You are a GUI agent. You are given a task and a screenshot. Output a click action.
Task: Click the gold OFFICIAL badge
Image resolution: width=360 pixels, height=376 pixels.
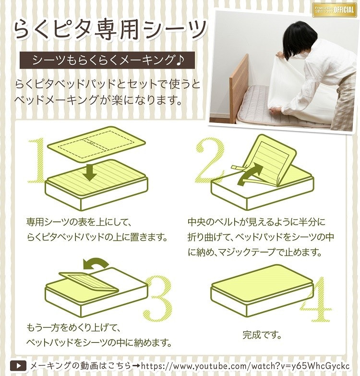tap(335, 10)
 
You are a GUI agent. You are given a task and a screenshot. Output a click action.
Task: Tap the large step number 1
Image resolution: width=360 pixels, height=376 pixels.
tap(37, 160)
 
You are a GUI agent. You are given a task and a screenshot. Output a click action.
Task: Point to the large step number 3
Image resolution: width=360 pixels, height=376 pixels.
tap(158, 299)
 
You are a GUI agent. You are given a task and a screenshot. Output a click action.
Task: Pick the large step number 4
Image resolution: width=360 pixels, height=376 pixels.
tap(316, 299)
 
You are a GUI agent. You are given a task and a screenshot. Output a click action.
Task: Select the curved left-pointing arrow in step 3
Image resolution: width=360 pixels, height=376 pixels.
tap(96, 264)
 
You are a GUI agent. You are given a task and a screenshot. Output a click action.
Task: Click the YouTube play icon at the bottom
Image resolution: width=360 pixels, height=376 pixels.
tap(18, 366)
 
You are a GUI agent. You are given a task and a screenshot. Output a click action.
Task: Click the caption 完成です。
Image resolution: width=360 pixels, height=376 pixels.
tap(262, 335)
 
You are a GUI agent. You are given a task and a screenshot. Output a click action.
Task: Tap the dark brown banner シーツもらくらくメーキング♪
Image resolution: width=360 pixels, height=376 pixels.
tap(107, 60)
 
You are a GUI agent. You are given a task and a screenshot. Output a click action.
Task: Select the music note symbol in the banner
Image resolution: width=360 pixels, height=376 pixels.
tap(180, 60)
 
